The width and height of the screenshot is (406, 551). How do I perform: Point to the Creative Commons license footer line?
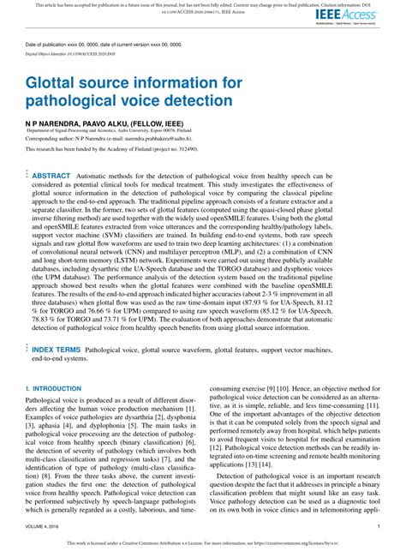click(x=202, y=543)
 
